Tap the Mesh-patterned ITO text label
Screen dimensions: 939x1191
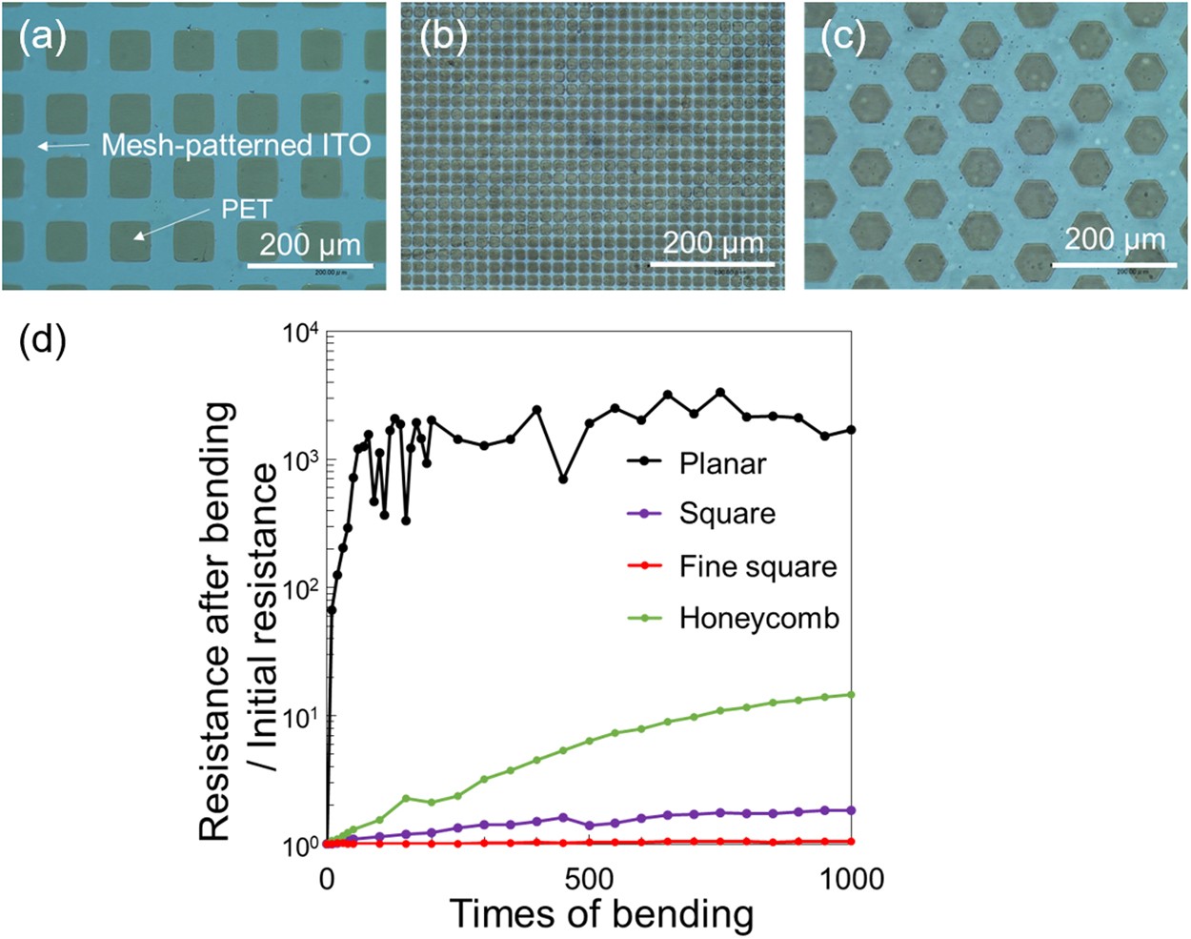(x=235, y=146)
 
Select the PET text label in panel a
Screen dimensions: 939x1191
(x=247, y=208)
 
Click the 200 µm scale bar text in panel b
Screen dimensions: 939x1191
(x=713, y=243)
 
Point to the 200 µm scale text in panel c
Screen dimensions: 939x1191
(x=1114, y=238)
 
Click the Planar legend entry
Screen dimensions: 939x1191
(x=722, y=463)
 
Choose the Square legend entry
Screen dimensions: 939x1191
(x=727, y=514)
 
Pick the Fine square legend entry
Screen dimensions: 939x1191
(x=757, y=566)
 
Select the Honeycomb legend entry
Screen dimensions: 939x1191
(x=758, y=619)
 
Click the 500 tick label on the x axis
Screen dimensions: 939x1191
(x=590, y=878)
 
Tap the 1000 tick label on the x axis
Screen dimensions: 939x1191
(x=851, y=878)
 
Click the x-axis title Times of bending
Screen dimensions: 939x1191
(x=601, y=914)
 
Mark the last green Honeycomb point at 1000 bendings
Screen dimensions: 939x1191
(x=851, y=695)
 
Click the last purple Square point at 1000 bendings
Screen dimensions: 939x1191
(x=851, y=810)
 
